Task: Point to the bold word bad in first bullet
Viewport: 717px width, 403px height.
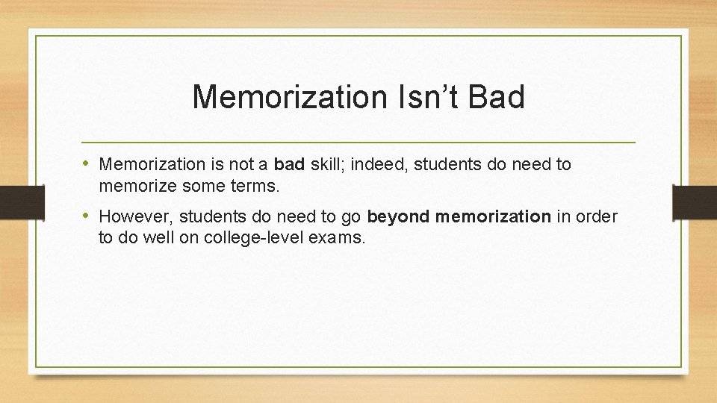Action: tap(290, 164)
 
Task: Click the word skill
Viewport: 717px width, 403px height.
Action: tap(326, 164)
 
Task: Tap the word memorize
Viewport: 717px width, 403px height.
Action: tap(135, 187)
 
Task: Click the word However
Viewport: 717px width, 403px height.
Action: tap(133, 217)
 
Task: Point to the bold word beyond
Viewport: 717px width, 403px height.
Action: tap(398, 217)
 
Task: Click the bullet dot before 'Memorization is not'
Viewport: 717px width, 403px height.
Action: tap(87, 164)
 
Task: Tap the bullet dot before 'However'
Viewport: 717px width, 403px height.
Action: tap(87, 217)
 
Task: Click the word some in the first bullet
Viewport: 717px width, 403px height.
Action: tap(196, 187)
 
